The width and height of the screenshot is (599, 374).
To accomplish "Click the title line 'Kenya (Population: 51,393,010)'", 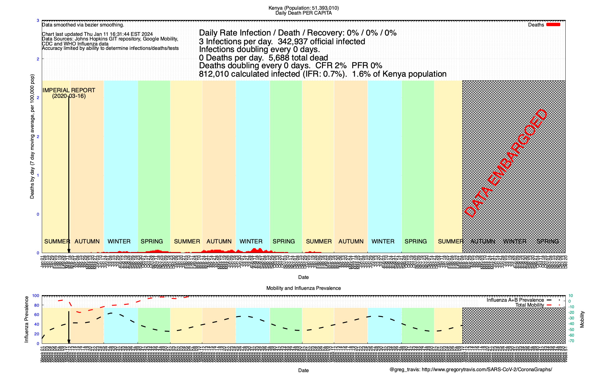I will (303, 8).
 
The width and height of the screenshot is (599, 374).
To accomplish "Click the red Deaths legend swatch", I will (553, 25).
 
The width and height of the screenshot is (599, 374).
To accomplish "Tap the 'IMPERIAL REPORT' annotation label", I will (69, 90).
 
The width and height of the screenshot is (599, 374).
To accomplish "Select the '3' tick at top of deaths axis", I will (38, 21).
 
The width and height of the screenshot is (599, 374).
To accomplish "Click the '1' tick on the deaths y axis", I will (38, 175).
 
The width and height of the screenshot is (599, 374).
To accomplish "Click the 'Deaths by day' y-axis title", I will (32, 137).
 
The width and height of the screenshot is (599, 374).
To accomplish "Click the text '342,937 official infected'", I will (321, 41).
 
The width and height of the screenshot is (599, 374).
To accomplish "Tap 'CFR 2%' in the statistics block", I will (331, 66).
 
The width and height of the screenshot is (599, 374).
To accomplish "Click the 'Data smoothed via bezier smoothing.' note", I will (83, 25).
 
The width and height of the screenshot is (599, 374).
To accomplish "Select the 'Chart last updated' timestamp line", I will (97, 34).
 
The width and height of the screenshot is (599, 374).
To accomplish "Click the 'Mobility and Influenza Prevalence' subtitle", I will (303, 288).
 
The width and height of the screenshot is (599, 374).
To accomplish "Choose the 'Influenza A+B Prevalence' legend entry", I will (515, 300).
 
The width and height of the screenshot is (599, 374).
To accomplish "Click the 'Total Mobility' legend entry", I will (529, 305).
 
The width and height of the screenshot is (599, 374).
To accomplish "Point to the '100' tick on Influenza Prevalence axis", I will (36, 296).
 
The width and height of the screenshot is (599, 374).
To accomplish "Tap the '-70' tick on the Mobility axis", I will (571, 341).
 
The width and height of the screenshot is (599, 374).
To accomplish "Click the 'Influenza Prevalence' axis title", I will (27, 319).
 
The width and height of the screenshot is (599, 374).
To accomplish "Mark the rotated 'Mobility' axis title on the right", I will (582, 319).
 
